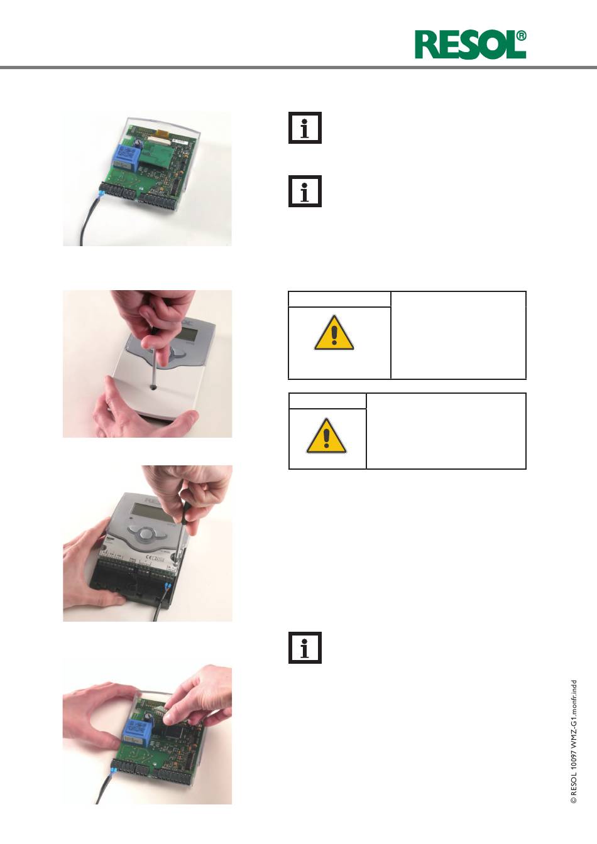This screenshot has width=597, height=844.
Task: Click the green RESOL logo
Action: (x=471, y=45)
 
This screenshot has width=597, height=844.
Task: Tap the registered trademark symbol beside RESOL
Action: (x=521, y=36)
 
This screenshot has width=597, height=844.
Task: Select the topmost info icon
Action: (x=305, y=127)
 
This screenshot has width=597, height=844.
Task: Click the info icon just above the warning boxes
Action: (x=305, y=191)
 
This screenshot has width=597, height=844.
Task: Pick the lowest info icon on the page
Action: (x=305, y=647)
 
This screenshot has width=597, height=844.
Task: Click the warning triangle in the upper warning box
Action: (x=334, y=333)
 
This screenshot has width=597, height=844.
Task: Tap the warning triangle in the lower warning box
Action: (x=326, y=436)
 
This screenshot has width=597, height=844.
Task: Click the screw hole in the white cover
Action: (x=154, y=387)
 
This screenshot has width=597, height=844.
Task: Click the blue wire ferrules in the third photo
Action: (x=168, y=587)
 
